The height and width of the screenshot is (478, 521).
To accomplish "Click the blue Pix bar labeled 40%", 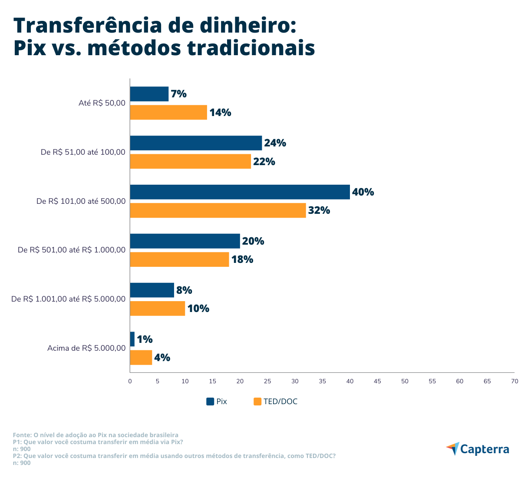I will point(240,192).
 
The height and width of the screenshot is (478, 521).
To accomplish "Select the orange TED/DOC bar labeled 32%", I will point(218,210).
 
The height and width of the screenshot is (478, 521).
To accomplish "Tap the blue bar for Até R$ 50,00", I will point(149,94).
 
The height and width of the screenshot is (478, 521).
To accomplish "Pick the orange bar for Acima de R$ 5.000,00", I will point(141,358).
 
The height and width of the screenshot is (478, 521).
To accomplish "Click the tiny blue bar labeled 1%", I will point(132,339).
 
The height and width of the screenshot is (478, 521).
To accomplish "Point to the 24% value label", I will point(275,143).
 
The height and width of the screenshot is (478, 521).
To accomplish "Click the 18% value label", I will point(242,259).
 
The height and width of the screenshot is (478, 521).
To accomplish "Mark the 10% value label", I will point(198,309).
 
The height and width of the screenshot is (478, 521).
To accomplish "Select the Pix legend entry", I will point(217,402).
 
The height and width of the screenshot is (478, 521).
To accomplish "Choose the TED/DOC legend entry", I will point(275,402).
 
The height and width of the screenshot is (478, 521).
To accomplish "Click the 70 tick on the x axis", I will point(514,381).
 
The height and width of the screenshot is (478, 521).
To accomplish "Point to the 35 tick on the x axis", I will point(322,381).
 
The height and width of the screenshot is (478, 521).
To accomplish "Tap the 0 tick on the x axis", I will point(130,381).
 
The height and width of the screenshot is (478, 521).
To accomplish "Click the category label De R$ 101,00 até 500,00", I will point(81,201).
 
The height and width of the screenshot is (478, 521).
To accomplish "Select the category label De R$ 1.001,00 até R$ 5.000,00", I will point(68,299).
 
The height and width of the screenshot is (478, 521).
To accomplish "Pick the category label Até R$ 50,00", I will point(102,103).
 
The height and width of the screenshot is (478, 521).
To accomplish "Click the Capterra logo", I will point(478,449).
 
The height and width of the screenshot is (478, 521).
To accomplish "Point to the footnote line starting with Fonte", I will point(96,435).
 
